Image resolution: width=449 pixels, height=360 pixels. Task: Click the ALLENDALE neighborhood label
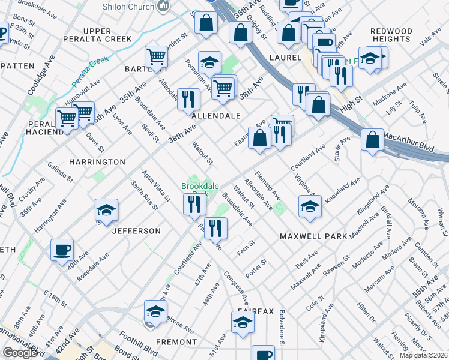[216, 115]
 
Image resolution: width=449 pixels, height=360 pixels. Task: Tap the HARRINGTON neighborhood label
[97, 162]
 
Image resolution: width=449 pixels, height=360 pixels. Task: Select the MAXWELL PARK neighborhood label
[313, 236]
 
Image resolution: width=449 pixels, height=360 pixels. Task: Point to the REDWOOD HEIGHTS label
[391, 35]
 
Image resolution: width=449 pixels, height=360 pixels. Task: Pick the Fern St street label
[246, 248]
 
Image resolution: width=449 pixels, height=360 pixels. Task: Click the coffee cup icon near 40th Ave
[62, 250]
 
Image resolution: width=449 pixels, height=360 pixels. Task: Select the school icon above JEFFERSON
[106, 210]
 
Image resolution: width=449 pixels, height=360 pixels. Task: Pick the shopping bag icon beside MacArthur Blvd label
[373, 140]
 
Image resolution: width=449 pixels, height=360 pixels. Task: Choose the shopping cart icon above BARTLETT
[156, 57]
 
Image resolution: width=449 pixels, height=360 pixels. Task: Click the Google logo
[19, 353]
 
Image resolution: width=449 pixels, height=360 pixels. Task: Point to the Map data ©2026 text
[423, 355]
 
